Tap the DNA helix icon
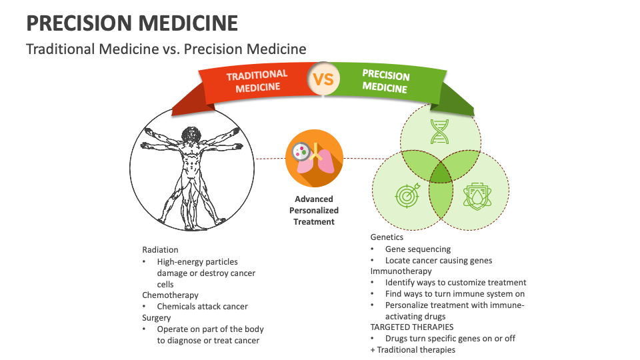pos(439,131)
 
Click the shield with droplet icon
pos(475,196)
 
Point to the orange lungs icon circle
pos(314,159)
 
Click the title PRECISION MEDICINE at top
pos(132,23)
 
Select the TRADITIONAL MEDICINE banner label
pos(257,81)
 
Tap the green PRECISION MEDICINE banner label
pos(385,81)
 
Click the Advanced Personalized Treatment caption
pos(314,210)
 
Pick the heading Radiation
pos(160,250)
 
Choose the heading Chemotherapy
pos(170,295)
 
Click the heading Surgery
pos(157,318)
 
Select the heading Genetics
pos(387,237)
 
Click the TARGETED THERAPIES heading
pos(412,327)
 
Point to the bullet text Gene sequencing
pos(418,249)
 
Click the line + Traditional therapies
pos(413,350)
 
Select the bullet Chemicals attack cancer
pos(202,307)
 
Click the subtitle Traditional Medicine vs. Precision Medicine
pos(166,49)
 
